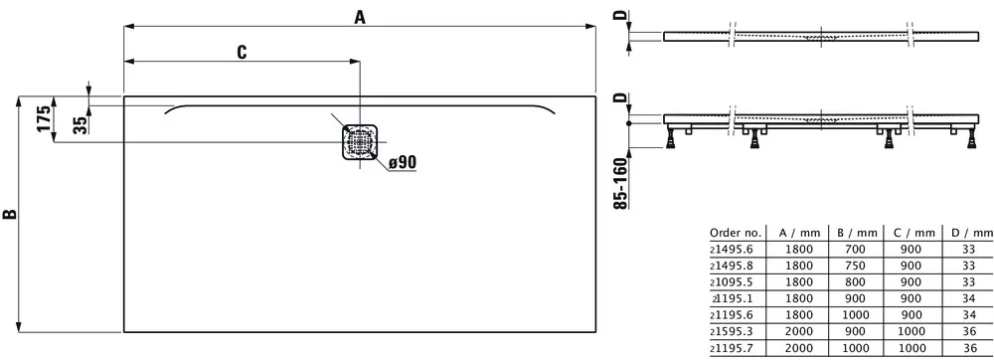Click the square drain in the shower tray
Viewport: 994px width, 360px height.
(360, 141)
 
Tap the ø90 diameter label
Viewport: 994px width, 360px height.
(402, 162)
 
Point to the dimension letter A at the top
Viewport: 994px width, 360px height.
(360, 18)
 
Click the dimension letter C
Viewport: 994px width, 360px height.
(242, 53)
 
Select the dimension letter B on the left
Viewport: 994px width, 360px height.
(10, 214)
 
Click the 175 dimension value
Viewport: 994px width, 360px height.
(43, 118)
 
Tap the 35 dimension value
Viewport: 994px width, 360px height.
(80, 125)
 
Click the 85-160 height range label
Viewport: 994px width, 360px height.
(622, 184)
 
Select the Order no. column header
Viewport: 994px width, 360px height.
(736, 233)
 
